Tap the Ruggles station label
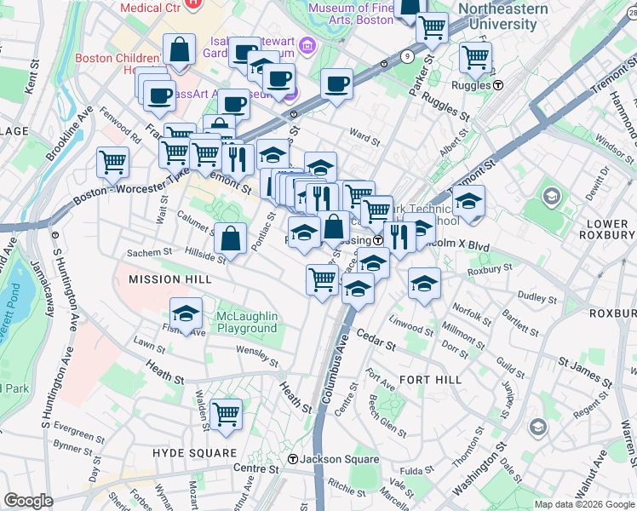click(x=479, y=85)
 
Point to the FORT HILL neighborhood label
click(x=430, y=380)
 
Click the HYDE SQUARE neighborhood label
click(x=194, y=453)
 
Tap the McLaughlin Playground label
click(x=246, y=322)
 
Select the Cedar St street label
click(x=376, y=342)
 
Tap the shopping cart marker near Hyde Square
click(x=227, y=414)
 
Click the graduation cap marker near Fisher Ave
click(x=186, y=313)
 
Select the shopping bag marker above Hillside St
click(x=230, y=238)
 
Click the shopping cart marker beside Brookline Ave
click(x=112, y=161)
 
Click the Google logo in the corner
click(x=28, y=501)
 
